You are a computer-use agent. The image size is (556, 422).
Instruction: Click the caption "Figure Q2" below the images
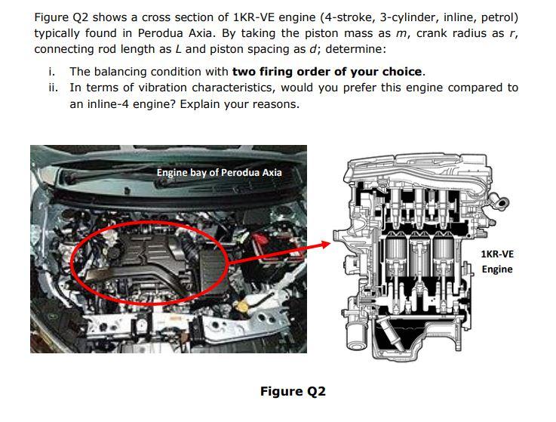click(x=293, y=391)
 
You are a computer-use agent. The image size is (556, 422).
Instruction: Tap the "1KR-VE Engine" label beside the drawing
click(x=497, y=261)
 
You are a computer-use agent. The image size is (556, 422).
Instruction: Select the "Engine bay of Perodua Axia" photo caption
click(x=219, y=172)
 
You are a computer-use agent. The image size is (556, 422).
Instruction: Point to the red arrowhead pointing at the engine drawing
click(x=324, y=244)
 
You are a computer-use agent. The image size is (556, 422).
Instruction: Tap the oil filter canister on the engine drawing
click(x=356, y=335)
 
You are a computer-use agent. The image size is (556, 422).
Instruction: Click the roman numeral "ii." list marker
click(x=54, y=88)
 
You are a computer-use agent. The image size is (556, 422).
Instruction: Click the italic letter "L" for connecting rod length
click(x=178, y=49)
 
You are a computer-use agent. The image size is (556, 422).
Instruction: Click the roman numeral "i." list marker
click(x=52, y=72)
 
